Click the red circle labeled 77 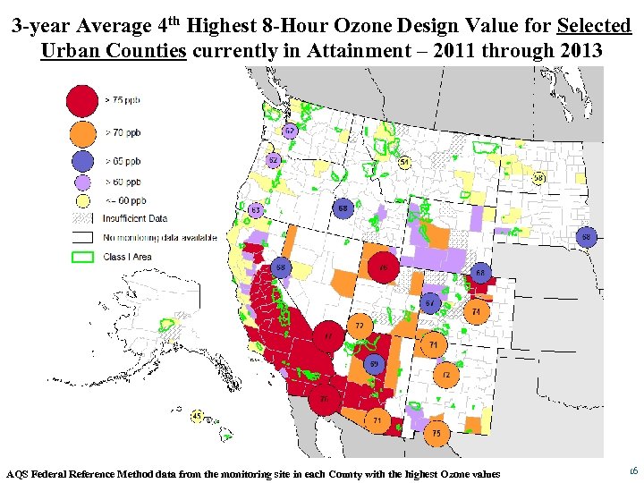coord(328,336)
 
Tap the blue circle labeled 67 coord(430,302)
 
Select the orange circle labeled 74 coord(477,311)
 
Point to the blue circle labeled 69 coord(376,364)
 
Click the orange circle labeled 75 coord(436,433)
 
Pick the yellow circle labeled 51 coord(404,163)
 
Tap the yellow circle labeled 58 coord(539,178)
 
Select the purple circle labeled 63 coord(255,210)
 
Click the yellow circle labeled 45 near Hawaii coord(197,416)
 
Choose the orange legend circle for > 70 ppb coord(83,133)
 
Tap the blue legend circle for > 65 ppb coord(83,162)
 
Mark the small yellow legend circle coord(83,201)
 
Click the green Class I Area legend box coord(83,257)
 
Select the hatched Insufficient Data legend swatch coord(83,218)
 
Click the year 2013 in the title coord(580,50)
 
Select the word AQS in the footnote coord(16,473)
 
